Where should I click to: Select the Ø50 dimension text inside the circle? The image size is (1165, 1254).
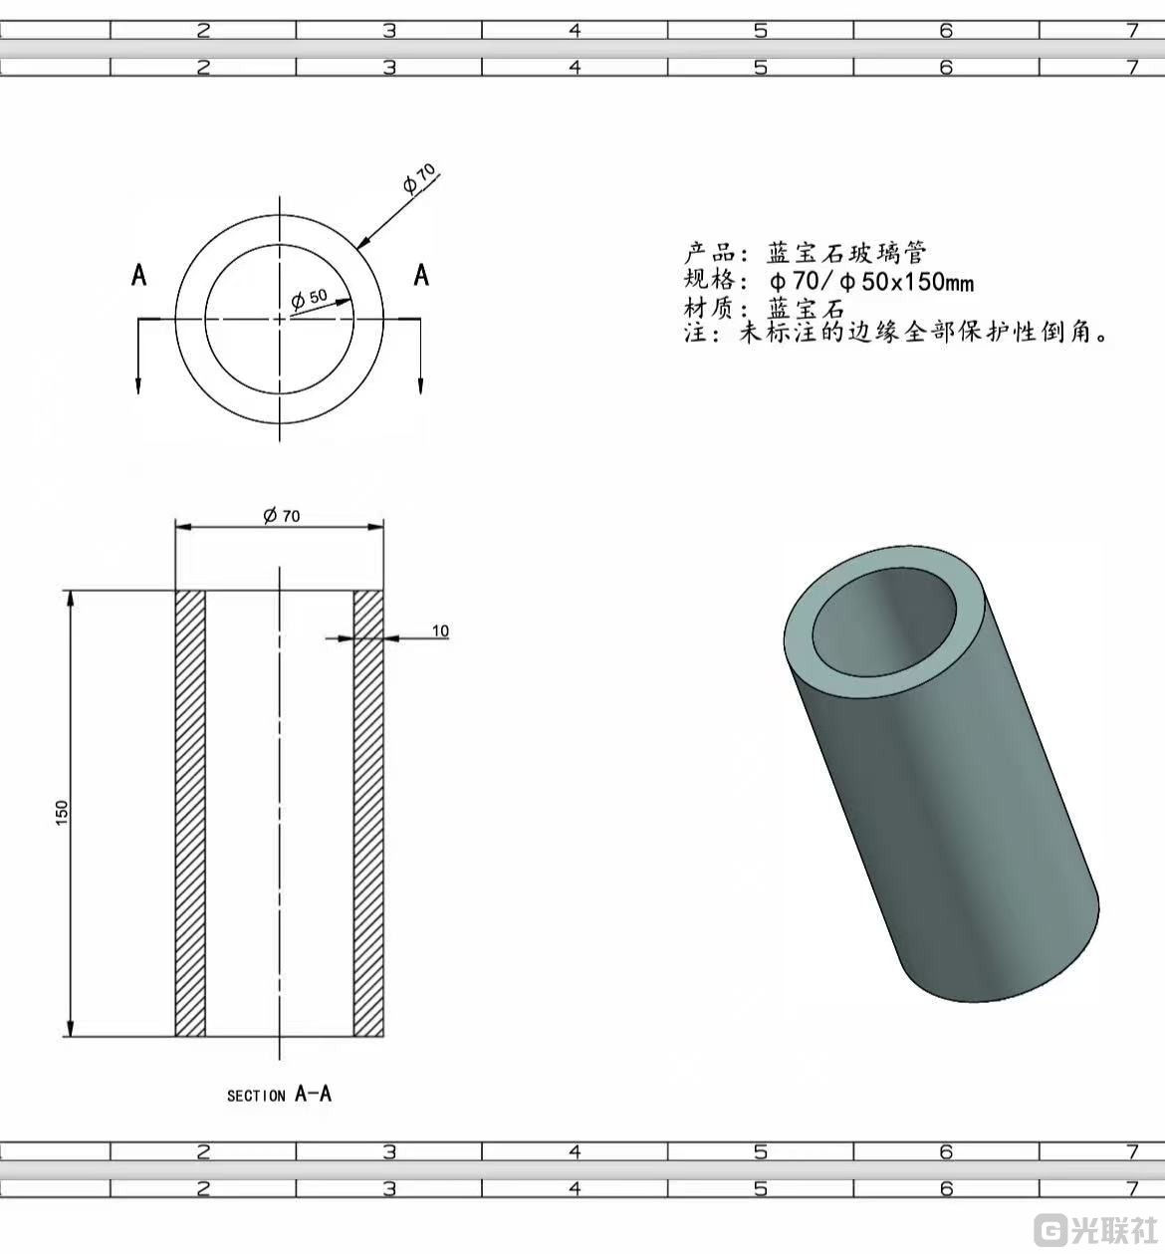[x=309, y=297]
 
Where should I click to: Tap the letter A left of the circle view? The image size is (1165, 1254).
[x=139, y=275]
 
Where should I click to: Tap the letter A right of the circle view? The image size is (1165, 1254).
[x=421, y=275]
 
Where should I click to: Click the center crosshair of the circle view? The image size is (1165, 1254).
[x=280, y=319]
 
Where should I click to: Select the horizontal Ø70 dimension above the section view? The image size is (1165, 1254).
[x=281, y=515]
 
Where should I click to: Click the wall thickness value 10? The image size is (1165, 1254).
[x=440, y=630]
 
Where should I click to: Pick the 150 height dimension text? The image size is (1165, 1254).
[x=62, y=812]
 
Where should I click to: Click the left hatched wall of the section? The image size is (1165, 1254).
[x=190, y=813]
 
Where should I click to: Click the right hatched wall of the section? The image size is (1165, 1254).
[x=368, y=813]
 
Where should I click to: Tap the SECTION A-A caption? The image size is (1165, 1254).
[x=279, y=1095]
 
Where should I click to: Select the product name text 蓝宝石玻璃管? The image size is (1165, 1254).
[x=846, y=252]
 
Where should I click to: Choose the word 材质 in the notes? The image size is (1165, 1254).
[x=709, y=308]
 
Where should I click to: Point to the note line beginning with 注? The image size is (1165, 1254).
[x=896, y=333]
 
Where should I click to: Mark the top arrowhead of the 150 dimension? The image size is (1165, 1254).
[x=70, y=599]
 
